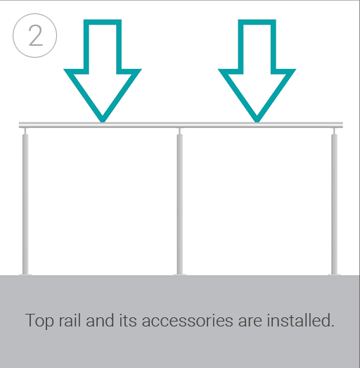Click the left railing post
click(26, 204)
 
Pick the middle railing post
click(180, 204)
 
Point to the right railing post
click(334, 204)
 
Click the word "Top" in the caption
click(39, 321)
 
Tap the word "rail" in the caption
click(70, 321)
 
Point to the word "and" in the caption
click(101, 321)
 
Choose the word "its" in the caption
click(129, 321)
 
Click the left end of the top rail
click(22, 125)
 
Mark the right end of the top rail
click(342, 125)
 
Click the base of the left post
click(26, 272)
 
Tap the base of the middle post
click(180, 272)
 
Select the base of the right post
click(334, 272)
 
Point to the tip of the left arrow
click(103, 120)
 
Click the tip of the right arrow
click(257, 120)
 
